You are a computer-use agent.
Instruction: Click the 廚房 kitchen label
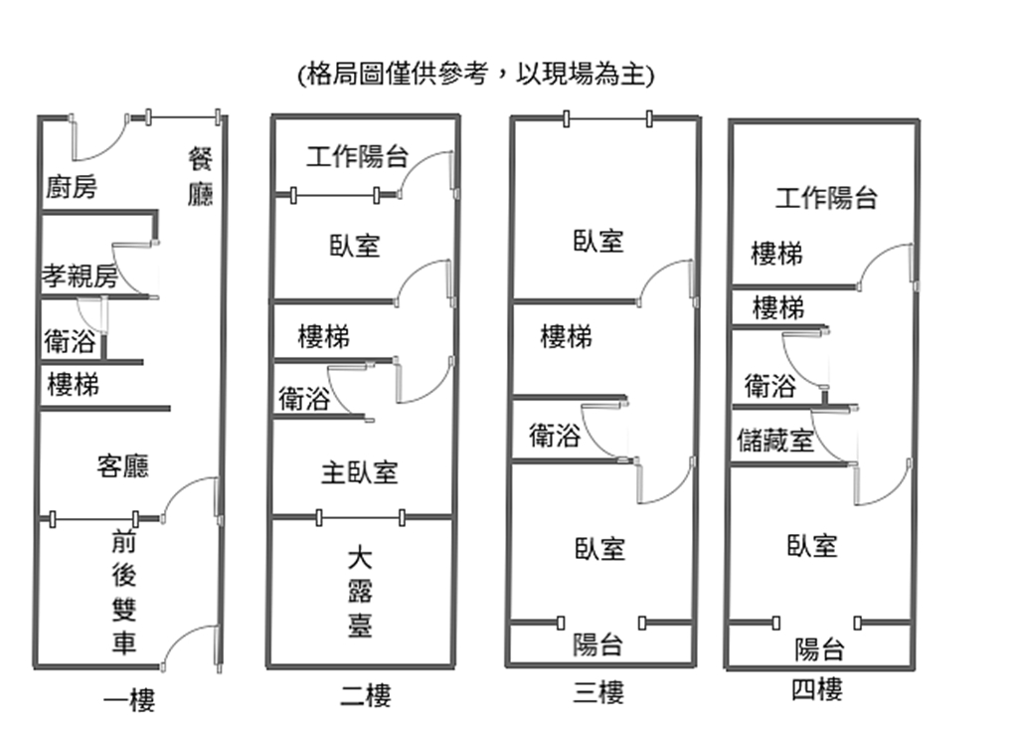72,187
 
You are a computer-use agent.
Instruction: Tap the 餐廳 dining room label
200,176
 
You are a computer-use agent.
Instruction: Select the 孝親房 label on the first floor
79,276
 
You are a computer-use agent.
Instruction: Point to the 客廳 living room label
122,465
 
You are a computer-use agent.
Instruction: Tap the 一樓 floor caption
129,700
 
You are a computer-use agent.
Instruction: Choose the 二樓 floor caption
365,694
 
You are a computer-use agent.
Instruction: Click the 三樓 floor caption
598,691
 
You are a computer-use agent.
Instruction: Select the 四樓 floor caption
817,689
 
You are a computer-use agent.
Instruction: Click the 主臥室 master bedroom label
359,472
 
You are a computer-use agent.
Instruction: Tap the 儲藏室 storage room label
775,441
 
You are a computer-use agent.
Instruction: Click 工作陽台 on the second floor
357,157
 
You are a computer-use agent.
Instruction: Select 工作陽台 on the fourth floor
826,198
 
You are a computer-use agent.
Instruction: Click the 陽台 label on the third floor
597,644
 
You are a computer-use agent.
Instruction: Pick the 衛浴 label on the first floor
71,342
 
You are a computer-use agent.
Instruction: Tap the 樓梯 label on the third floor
566,337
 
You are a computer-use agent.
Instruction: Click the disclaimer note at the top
476,75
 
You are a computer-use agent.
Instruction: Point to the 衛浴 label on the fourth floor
770,385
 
